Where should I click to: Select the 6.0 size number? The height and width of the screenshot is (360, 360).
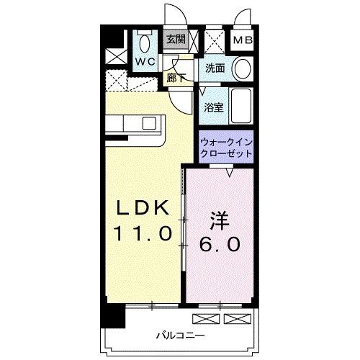(221, 244)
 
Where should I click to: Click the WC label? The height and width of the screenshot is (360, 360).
(146, 61)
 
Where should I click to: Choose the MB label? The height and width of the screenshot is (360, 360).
(242, 40)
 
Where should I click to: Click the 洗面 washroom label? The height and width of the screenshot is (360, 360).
(215, 68)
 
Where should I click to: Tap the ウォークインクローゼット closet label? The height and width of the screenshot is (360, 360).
(226, 148)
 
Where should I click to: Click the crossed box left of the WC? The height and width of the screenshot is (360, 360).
(114, 55)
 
